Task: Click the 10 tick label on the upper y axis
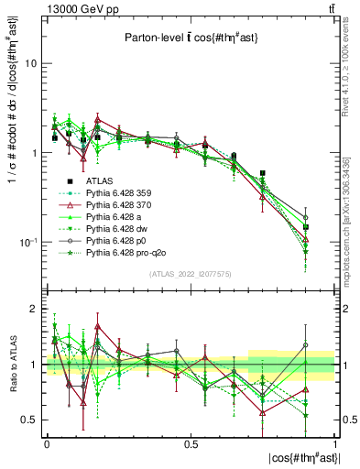(30, 64)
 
